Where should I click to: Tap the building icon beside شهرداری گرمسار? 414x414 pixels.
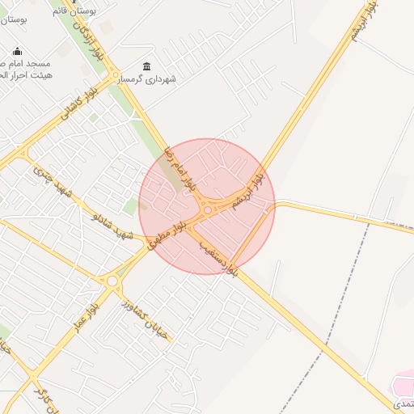(146, 66)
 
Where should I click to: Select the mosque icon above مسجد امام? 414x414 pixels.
(17, 52)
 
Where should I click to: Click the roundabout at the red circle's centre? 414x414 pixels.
(208, 210)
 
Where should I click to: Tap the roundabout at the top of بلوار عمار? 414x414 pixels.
(112, 281)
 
